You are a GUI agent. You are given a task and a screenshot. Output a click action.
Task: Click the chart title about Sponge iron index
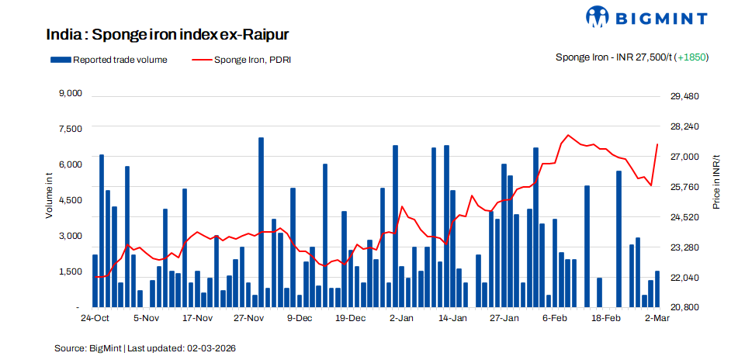click(x=168, y=35)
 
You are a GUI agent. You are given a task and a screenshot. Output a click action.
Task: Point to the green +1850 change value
click(x=692, y=57)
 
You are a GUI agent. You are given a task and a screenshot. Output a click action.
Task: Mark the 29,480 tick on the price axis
click(x=684, y=96)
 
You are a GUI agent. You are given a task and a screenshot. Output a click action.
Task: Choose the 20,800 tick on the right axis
click(x=684, y=307)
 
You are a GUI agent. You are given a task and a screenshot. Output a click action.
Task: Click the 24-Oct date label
click(x=95, y=318)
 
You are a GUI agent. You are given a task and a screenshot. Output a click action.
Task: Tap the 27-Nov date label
click(x=249, y=318)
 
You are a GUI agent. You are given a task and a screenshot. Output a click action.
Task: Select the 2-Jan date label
click(x=401, y=318)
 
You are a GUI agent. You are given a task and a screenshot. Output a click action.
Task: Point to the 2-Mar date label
click(x=657, y=318)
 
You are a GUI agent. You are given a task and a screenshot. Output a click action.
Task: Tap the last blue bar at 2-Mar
click(x=657, y=289)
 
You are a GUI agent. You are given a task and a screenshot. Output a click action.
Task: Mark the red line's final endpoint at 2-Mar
click(x=657, y=144)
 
